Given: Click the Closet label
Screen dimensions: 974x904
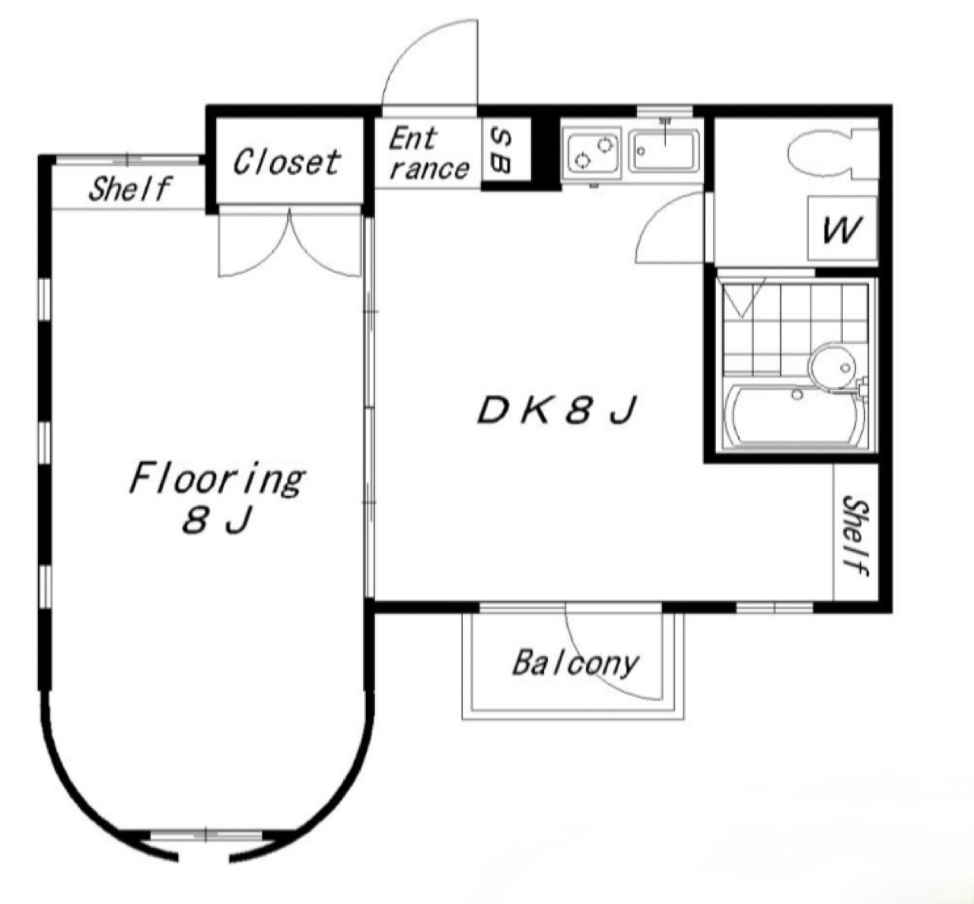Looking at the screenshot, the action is click(x=287, y=162).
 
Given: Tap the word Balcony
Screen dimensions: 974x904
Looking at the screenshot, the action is click(x=575, y=664).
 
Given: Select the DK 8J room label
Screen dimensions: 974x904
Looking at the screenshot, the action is click(x=557, y=411).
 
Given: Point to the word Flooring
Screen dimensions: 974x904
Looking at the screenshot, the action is click(x=217, y=480).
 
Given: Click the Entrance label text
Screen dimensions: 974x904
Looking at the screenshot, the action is click(x=428, y=154).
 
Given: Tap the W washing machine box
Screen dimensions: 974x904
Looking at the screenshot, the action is click(x=842, y=228).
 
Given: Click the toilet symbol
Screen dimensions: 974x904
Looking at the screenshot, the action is click(x=832, y=153).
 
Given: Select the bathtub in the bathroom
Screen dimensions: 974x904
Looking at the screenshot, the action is click(x=794, y=415).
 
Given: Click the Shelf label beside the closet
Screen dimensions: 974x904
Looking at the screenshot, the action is click(x=129, y=189).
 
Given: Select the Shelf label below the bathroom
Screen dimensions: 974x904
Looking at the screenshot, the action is click(x=856, y=536).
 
